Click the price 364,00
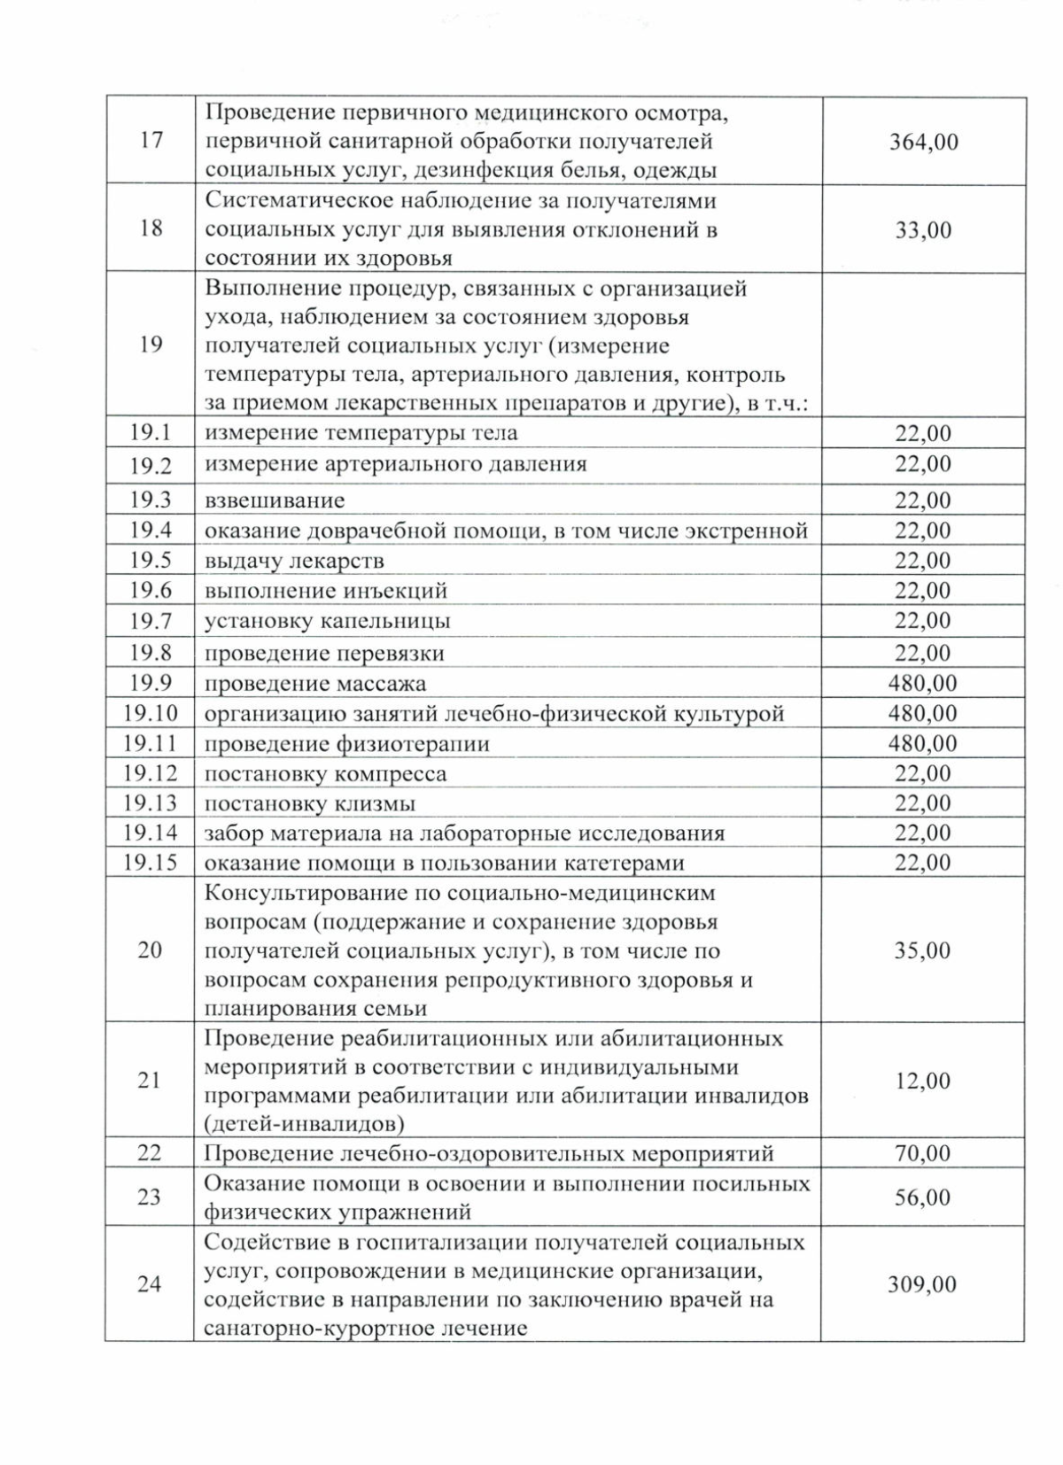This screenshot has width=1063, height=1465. pyautogui.click(x=923, y=142)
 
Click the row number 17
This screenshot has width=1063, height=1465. pyautogui.click(x=151, y=141)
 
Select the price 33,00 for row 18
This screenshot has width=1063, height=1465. pyautogui.click(x=923, y=229)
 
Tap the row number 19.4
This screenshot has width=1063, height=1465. pyautogui.click(x=151, y=530)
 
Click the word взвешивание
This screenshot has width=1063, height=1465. pyautogui.click(x=275, y=500)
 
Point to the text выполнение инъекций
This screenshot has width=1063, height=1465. pyautogui.click(x=326, y=591)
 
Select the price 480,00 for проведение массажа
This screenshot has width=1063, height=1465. pyautogui.click(x=923, y=683)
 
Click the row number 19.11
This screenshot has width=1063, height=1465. pyautogui.click(x=151, y=742)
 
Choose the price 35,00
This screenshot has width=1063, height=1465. pyautogui.click(x=923, y=950)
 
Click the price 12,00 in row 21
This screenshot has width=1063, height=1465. pyautogui.click(x=923, y=1081)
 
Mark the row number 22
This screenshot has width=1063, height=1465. pyautogui.click(x=151, y=1153)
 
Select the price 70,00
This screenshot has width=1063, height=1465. pyautogui.click(x=923, y=1153)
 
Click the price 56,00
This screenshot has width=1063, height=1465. pyautogui.click(x=923, y=1198)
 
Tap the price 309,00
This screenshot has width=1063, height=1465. pyautogui.click(x=923, y=1284)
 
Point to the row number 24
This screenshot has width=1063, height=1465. pyautogui.click(x=151, y=1283)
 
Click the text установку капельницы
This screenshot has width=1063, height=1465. pyautogui.click(x=328, y=621)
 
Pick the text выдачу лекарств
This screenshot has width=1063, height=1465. pyautogui.click(x=294, y=561)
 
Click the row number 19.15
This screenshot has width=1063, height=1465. pyautogui.click(x=151, y=862)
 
